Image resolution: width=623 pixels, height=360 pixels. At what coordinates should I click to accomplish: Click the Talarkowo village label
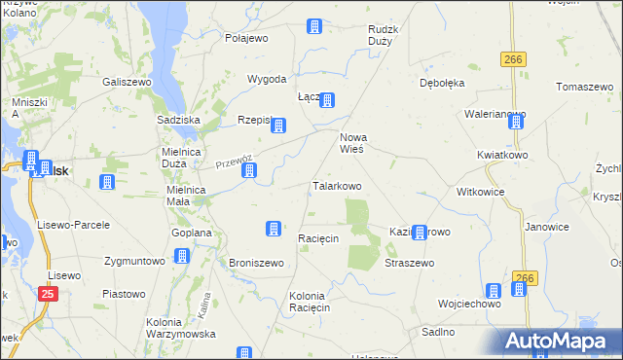337,185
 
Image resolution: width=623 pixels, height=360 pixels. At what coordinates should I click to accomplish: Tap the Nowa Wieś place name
350,143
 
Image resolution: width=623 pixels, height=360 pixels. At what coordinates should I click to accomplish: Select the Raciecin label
317,238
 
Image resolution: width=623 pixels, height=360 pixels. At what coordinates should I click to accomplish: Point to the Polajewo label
246,38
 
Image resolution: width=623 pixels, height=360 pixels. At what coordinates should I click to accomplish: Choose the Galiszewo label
126,83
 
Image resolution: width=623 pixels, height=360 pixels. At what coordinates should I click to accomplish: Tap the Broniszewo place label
256,263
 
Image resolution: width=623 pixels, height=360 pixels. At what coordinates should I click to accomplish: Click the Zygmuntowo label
134,262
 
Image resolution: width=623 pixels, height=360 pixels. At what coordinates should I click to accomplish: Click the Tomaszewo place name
582,87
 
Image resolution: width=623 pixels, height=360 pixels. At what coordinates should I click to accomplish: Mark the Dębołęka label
442,83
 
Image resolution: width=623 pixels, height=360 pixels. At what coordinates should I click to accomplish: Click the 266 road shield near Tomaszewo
513,60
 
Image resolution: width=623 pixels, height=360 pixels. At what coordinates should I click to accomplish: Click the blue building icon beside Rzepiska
278,125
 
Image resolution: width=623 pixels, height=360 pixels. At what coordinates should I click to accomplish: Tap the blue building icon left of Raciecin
274,229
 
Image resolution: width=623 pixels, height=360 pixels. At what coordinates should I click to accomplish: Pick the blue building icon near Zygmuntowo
182,256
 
